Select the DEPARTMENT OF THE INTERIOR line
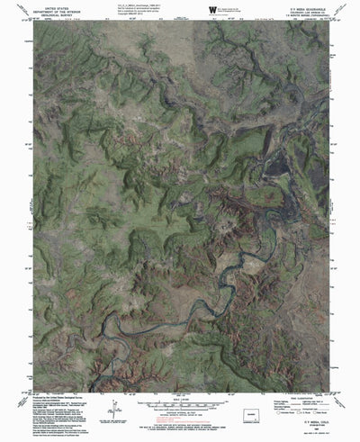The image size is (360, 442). pyautogui.click(x=34, y=10)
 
